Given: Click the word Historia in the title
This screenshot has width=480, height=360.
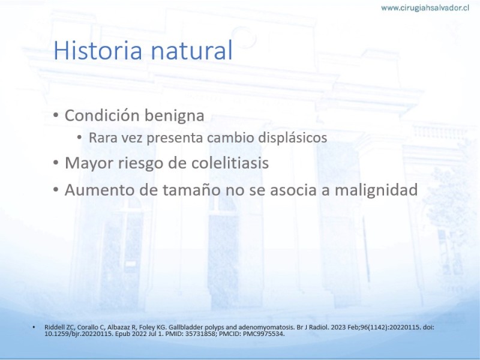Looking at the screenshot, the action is [98, 50].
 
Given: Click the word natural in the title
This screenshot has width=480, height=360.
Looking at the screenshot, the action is [191, 50].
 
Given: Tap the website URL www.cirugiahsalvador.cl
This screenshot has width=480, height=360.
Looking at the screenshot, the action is [425, 8].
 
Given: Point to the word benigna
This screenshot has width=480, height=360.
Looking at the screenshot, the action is [174, 116].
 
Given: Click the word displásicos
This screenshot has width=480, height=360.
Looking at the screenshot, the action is [292, 137].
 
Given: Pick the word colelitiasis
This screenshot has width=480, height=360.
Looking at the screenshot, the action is [230, 163].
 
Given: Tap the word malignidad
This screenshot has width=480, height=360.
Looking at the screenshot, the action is [376, 190].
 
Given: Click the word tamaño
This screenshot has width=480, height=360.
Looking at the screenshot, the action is [191, 190].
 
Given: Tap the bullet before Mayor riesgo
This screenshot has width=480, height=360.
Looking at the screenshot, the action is [55, 163].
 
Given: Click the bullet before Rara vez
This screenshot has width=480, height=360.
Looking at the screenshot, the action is [80, 137].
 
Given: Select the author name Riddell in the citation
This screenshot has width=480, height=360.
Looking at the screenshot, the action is [53, 327].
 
